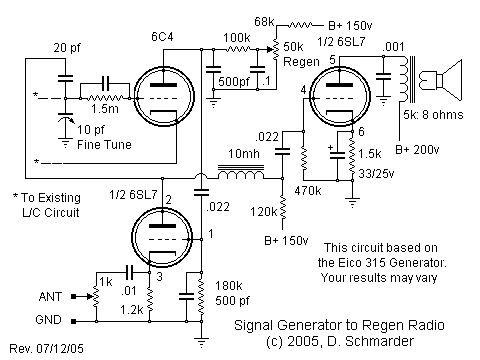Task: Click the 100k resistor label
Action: (x=236, y=36)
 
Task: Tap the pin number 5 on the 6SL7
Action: (x=331, y=60)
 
